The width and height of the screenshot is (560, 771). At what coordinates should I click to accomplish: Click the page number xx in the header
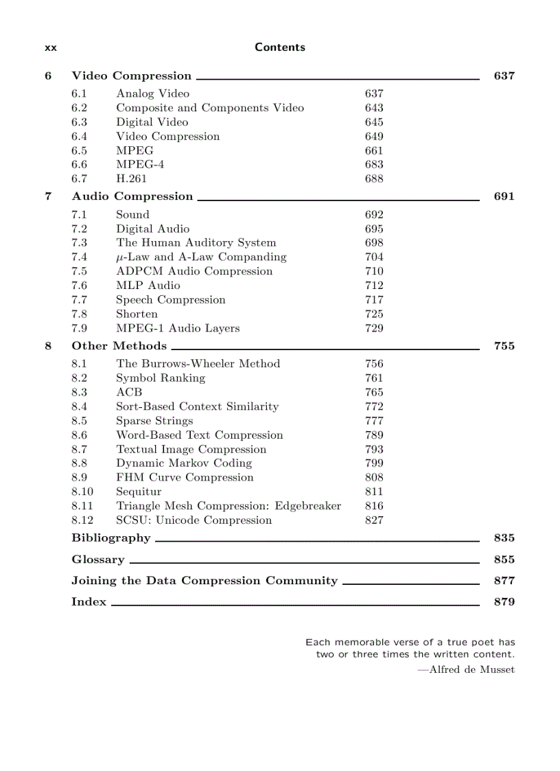tap(50, 48)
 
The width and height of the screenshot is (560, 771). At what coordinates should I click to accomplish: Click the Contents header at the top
tap(279, 47)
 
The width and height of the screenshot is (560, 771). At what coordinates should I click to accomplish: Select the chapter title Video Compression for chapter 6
tap(131, 76)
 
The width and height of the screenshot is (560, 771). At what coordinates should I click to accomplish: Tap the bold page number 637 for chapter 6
tap(504, 76)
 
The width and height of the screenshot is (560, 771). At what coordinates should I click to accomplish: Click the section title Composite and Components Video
tap(209, 108)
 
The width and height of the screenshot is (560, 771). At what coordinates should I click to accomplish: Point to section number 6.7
tap(79, 179)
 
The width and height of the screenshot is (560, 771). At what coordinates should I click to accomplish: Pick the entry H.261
tap(131, 179)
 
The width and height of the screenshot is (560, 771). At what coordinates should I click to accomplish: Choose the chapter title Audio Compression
tap(132, 196)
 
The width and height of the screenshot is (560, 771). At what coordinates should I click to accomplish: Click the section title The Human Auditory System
tap(196, 243)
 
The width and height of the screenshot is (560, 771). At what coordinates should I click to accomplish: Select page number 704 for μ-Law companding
tap(374, 257)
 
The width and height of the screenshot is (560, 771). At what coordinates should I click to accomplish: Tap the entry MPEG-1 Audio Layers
tap(178, 329)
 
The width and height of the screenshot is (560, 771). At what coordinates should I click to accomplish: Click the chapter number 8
tap(48, 346)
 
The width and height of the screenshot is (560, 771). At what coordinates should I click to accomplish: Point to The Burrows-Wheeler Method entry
tap(198, 364)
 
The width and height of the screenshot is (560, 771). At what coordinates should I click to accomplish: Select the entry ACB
tap(129, 393)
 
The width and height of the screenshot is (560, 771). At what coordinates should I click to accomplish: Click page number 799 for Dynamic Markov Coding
tap(374, 464)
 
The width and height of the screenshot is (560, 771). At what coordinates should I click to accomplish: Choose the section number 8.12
tap(82, 521)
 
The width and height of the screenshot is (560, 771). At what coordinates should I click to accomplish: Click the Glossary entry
tap(98, 560)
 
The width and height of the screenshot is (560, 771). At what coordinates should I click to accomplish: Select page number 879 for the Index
tap(504, 603)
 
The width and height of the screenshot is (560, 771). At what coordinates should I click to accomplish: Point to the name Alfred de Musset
tap(471, 670)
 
